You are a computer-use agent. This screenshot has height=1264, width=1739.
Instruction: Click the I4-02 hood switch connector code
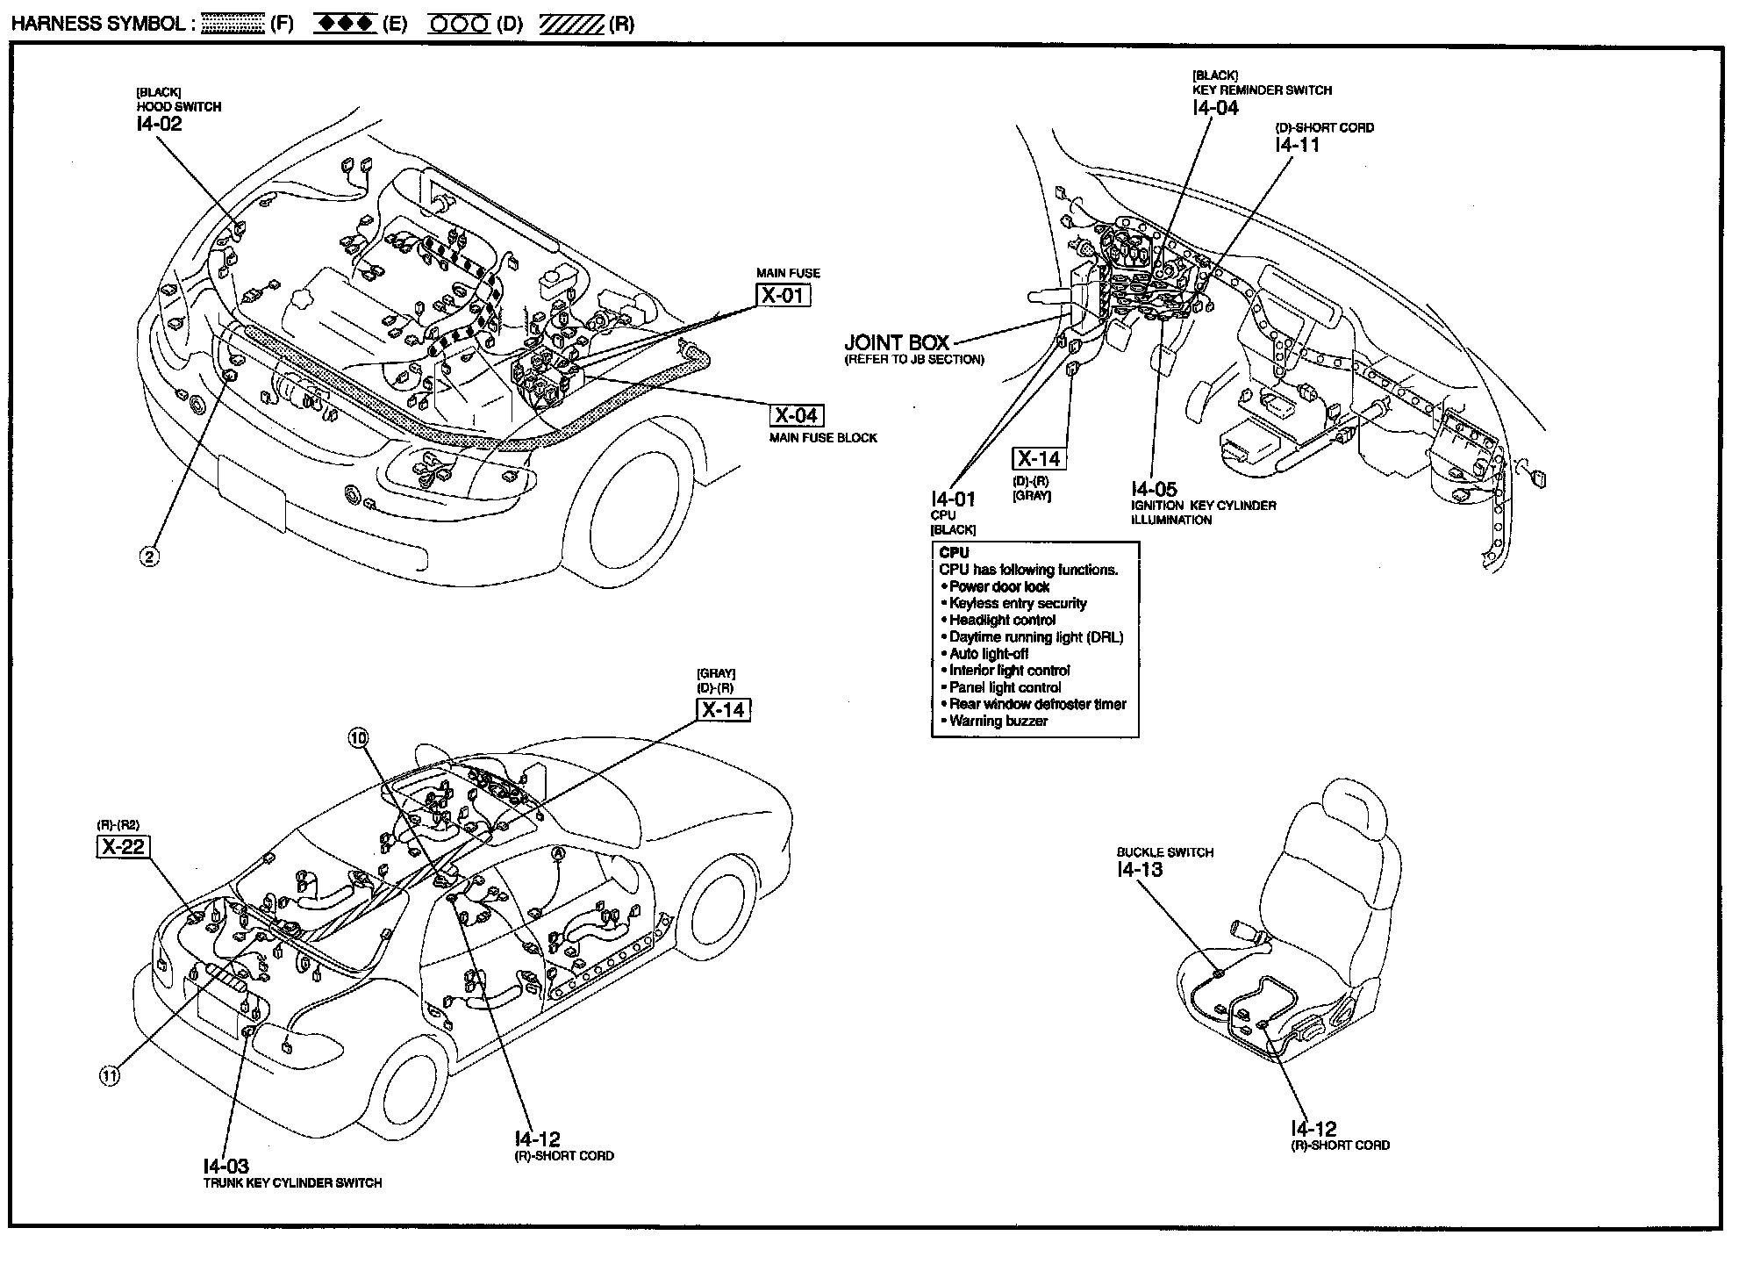pos(159,124)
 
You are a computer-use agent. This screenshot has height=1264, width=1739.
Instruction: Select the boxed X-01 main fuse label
pos(783,295)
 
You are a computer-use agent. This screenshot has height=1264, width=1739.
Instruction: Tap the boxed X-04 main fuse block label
pos(797,415)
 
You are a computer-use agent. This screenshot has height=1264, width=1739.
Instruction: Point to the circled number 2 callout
pos(150,556)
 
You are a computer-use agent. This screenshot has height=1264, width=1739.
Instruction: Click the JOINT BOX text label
pos(897,342)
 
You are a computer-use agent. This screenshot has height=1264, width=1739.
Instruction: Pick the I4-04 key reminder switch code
pos(1215,108)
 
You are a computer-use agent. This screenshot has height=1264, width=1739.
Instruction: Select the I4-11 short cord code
pos(1297,145)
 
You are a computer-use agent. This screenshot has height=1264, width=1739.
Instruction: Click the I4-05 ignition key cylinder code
pos(1154,489)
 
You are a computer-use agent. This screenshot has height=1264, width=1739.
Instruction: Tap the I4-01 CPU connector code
pos(953,499)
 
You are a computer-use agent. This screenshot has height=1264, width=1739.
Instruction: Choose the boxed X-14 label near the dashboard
pos(1039,458)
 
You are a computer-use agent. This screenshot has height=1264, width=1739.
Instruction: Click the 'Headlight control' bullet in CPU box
pos(1002,620)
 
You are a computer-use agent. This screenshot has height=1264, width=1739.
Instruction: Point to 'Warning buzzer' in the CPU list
pos(998,721)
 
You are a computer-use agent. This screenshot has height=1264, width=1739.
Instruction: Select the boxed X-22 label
pos(122,846)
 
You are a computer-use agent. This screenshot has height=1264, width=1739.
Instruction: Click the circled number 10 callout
pos(358,738)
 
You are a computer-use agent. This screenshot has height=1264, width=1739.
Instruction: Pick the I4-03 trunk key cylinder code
pos(225,1167)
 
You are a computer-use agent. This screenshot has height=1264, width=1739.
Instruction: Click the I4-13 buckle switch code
pos(1140,869)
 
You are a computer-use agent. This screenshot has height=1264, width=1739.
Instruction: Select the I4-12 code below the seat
pos(1313,1129)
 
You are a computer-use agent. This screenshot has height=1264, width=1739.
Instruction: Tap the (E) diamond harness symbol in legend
pos(346,24)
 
